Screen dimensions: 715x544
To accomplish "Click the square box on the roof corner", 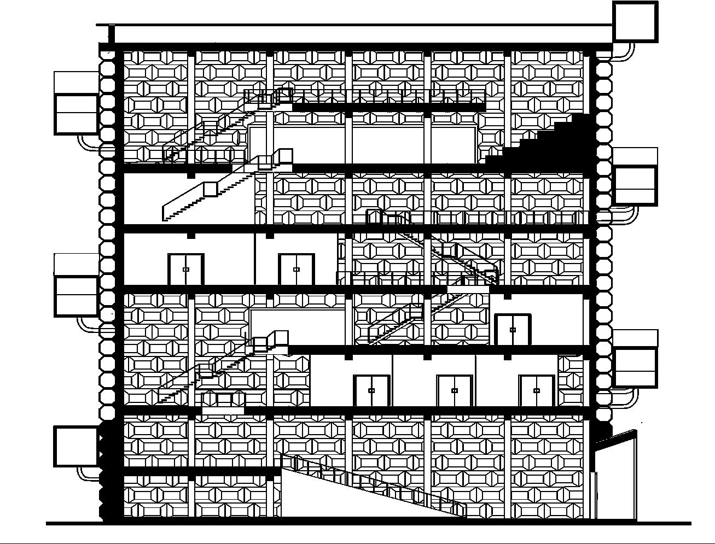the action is pyautogui.click(x=635, y=21).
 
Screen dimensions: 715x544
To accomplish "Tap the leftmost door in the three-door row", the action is pyautogui.click(x=371, y=391).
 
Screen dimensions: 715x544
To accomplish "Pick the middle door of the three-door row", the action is pyautogui.click(x=454, y=391).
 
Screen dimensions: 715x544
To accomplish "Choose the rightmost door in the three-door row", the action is pyautogui.click(x=537, y=391).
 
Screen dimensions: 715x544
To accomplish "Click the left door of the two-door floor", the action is pyautogui.click(x=186, y=270).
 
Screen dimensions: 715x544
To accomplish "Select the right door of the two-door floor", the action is pyautogui.click(x=297, y=270).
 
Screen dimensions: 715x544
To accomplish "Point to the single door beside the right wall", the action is pyautogui.click(x=513, y=330).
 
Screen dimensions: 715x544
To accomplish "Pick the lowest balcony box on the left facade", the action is pyautogui.click(x=76, y=447).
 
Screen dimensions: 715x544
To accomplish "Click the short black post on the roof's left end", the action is pyautogui.click(x=111, y=34).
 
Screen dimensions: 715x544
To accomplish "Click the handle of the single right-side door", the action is pyautogui.click(x=513, y=330).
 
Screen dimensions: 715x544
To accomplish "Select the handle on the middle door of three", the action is pyautogui.click(x=454, y=390).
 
